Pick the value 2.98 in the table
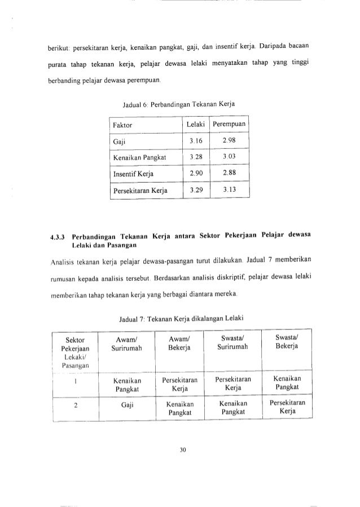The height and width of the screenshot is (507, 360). coord(229,140)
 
